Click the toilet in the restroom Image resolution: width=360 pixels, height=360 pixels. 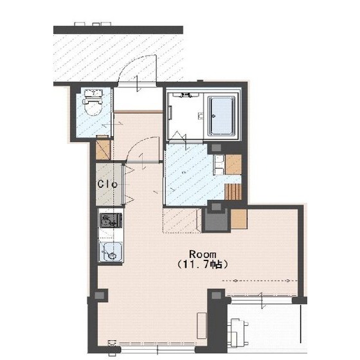[93, 102]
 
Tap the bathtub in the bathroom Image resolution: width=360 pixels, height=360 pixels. [222, 116]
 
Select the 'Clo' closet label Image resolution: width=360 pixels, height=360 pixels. [107, 184]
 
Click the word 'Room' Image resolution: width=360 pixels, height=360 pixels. [203, 255]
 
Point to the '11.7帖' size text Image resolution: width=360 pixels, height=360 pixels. [203, 264]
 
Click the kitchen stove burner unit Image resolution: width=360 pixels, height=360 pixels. [111, 220]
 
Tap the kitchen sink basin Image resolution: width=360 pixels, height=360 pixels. [111, 252]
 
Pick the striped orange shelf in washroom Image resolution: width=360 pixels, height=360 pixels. [233, 192]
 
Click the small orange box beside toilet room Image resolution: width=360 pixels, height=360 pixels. [103, 149]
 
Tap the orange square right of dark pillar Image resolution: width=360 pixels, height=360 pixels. [239, 219]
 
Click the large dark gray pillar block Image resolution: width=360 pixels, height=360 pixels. [216, 220]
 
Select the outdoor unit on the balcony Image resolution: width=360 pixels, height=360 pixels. [237, 332]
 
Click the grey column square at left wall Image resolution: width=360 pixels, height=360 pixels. [100, 295]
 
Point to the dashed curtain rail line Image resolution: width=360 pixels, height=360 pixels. [260, 280]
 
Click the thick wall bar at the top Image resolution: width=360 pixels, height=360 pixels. [118, 30]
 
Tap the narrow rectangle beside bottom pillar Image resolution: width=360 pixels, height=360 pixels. [202, 325]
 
